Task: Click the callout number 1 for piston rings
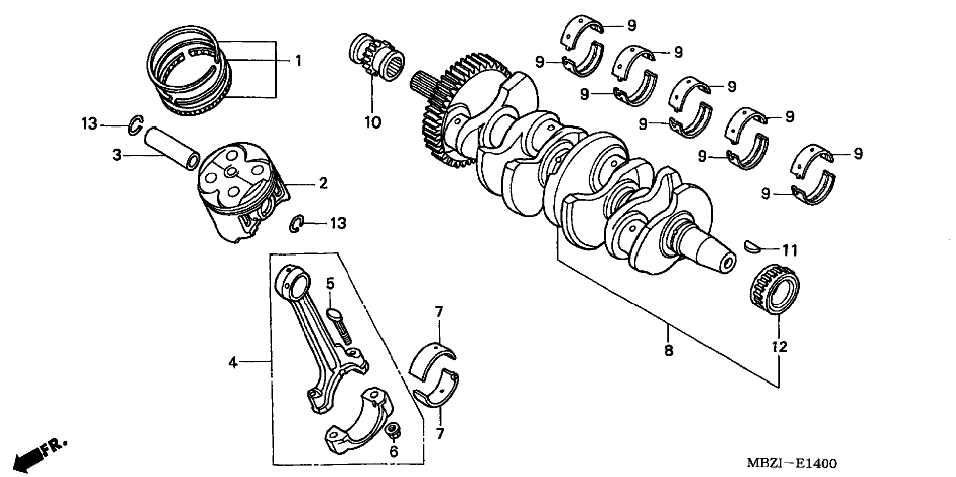pos(298,61)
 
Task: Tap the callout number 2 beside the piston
pos(323,183)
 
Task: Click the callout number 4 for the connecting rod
pos(233,363)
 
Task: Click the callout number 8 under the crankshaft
pos(668,350)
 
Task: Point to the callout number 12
pos(779,347)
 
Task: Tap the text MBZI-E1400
pos(791,463)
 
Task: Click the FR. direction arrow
pos(37,455)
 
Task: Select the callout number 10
pos(373,122)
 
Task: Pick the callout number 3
pos(117,155)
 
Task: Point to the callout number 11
pos(790,251)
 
